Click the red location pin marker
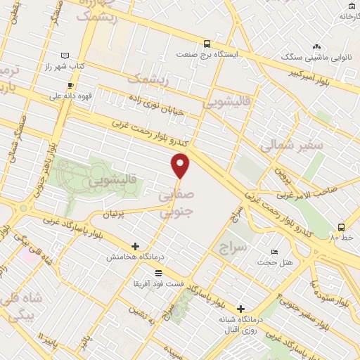181,165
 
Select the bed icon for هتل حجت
274,252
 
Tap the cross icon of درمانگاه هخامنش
135,247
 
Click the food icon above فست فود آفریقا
158,272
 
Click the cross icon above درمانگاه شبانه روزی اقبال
240,308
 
